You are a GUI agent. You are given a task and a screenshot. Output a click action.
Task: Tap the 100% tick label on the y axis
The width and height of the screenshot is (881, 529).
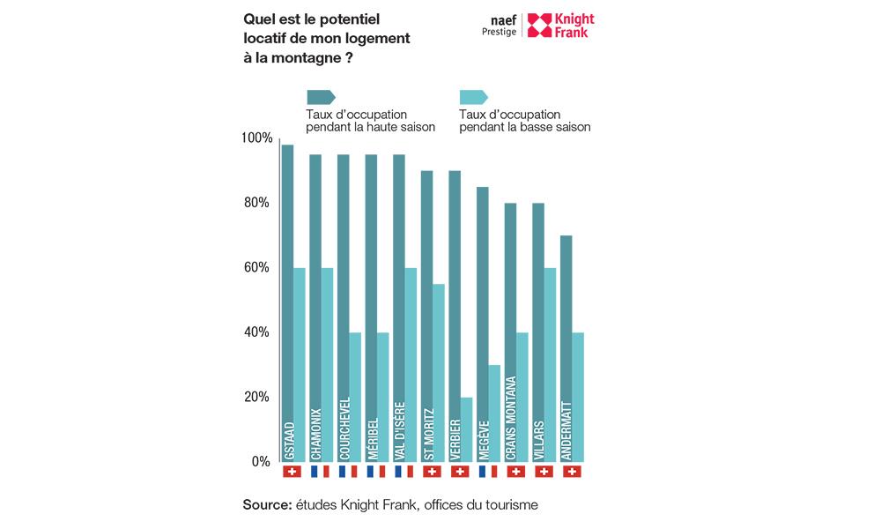pyautogui.click(x=256, y=138)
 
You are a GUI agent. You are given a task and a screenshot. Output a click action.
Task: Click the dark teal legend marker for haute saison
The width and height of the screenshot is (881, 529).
pyautogui.click(x=319, y=97)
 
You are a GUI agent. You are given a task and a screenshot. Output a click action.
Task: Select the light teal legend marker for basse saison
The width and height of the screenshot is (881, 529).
pyautogui.click(x=473, y=97)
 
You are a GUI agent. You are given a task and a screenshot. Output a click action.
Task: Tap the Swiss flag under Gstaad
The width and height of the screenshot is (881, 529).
pyautogui.click(x=292, y=473)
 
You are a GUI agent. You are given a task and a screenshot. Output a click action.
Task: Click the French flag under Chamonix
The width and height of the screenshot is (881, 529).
pyautogui.click(x=320, y=473)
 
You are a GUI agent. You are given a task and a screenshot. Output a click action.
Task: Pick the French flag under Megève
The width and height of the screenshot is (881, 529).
pyautogui.click(x=488, y=473)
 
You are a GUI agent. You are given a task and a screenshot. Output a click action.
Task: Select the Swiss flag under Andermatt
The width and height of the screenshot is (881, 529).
pyautogui.click(x=572, y=473)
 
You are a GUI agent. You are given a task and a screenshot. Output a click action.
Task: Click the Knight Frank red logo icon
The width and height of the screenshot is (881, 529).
pyautogui.click(x=539, y=25)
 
